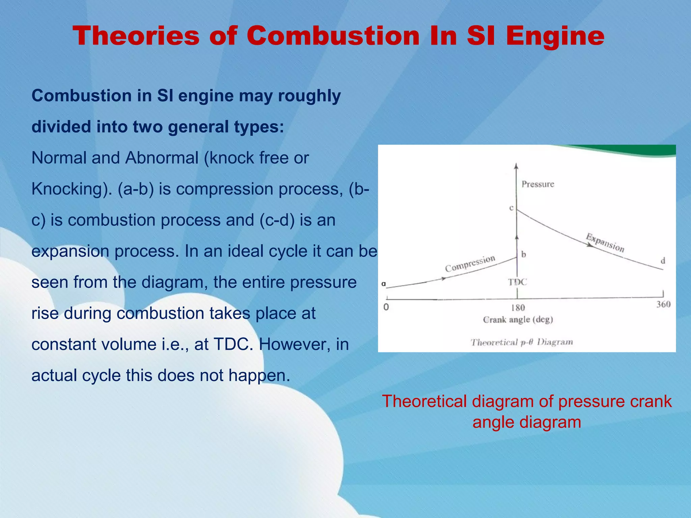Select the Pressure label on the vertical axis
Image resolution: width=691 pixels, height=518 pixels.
[538, 184]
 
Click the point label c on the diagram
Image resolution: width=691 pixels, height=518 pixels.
[511, 208]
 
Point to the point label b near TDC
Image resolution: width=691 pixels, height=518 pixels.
[524, 254]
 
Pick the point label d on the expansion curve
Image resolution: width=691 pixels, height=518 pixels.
[663, 261]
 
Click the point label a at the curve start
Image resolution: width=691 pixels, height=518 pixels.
[384, 284]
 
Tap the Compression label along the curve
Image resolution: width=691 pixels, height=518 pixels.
[470, 264]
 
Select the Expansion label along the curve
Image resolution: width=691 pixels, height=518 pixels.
[605, 242]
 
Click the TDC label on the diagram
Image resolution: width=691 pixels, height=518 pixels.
[518, 282]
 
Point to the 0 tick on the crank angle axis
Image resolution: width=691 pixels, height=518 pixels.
[386, 307]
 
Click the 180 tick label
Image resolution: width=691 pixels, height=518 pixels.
[518, 308]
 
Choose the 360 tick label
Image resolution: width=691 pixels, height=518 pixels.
[663, 305]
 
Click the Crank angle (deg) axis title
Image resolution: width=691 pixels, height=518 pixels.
[518, 320]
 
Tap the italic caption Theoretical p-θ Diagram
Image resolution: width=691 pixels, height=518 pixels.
[522, 342]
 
